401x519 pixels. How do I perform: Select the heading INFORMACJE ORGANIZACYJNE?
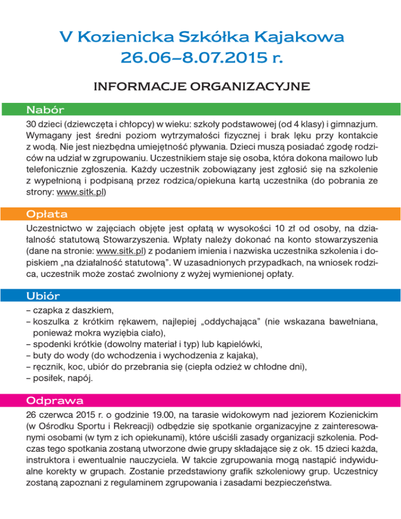[x=200, y=85]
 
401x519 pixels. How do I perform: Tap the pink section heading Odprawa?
[x=54, y=401]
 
